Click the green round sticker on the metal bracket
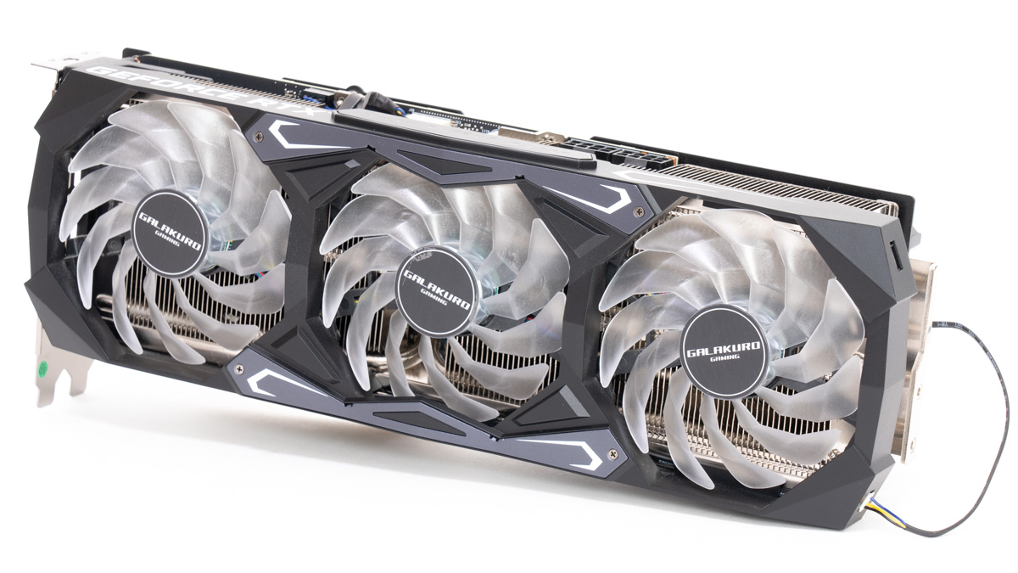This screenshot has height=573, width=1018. (x=40, y=371)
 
